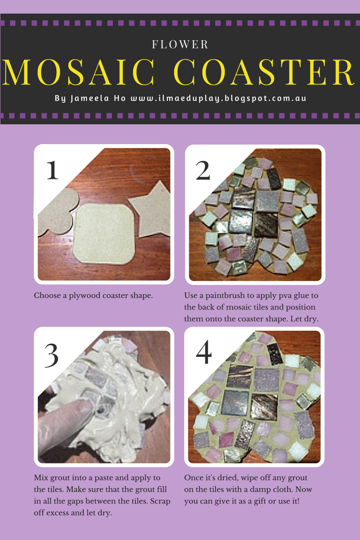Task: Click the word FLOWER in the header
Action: click(x=180, y=45)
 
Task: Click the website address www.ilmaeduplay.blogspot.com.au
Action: click(x=218, y=98)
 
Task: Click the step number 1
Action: click(x=52, y=171)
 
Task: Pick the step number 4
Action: click(x=203, y=353)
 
